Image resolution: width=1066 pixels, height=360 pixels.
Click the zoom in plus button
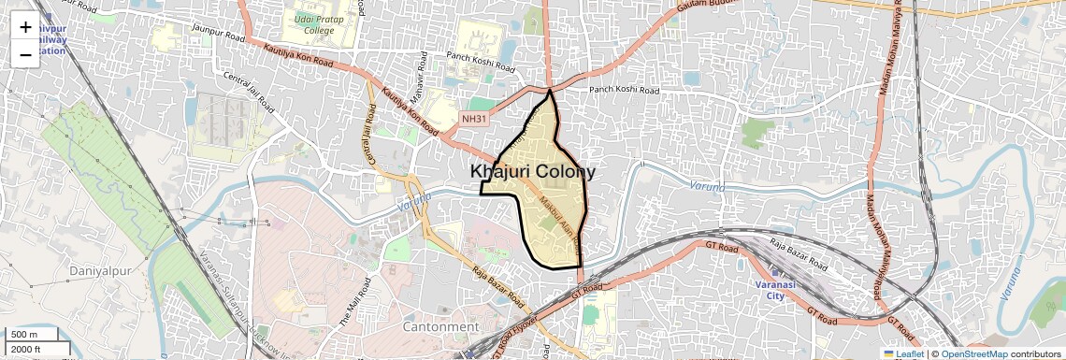[x=25, y=28]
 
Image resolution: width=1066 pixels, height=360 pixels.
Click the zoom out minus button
[x=25, y=54]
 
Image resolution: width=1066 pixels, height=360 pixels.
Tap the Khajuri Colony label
[x=532, y=172]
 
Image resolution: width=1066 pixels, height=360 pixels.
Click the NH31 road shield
[x=474, y=119]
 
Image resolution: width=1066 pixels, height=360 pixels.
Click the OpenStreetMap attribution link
[x=973, y=353]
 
